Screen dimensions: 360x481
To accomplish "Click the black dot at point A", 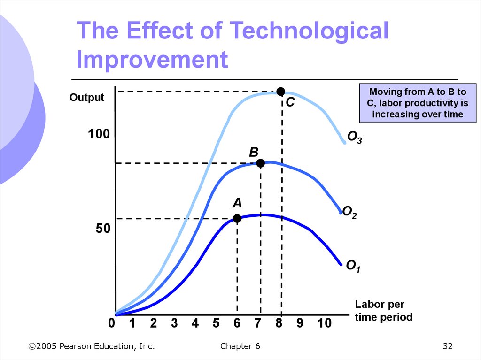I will [237, 218].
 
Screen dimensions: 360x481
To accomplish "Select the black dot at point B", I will [261, 163].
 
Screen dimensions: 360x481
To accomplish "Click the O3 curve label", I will [354, 138].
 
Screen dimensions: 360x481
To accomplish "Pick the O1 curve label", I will [353, 267].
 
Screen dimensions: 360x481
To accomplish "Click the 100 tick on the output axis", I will [99, 135].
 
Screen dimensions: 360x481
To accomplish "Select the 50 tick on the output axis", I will [103, 229].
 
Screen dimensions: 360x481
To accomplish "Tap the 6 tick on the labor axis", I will [237, 323].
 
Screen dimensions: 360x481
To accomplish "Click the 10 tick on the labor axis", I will [324, 323].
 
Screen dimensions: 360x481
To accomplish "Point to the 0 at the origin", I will [111, 323].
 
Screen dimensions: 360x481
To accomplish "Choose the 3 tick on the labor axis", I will [174, 323].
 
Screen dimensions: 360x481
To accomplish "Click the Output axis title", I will [87, 98].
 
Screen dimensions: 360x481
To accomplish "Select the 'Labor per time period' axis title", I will [383, 311].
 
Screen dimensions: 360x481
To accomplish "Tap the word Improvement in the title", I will [153, 60].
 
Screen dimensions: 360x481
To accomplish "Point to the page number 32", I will [447, 346].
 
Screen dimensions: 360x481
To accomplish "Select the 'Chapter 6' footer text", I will [240, 346].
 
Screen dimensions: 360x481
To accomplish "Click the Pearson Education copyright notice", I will [92, 346].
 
